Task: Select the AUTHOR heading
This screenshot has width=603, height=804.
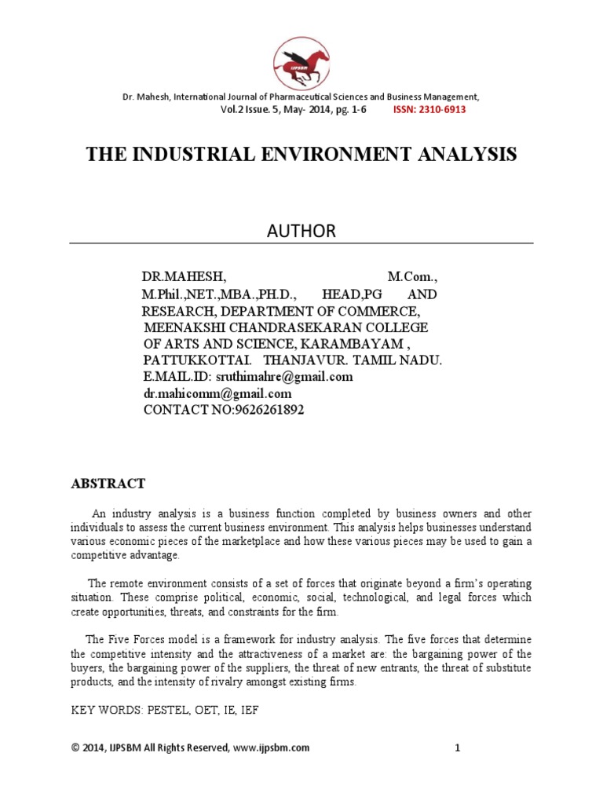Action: [301, 230]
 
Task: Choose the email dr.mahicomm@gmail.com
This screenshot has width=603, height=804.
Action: [217, 393]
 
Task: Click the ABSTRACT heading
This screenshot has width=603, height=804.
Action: [108, 484]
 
